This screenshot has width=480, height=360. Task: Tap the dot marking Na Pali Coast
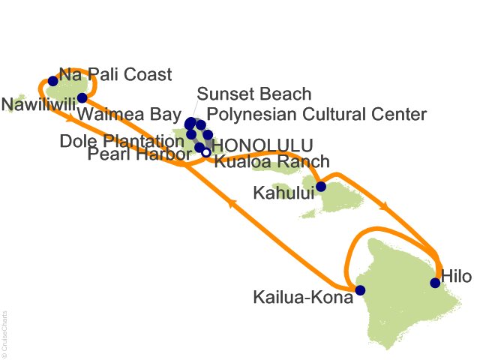52,81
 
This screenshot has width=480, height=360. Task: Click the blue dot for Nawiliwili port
82,98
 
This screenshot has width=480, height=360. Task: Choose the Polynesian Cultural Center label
316,114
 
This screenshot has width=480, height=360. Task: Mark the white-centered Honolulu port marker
206,153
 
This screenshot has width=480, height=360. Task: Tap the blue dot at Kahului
320,187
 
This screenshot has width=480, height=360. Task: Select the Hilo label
456,276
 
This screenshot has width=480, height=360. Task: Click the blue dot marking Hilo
435,283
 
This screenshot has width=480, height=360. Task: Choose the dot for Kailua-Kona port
360,290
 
